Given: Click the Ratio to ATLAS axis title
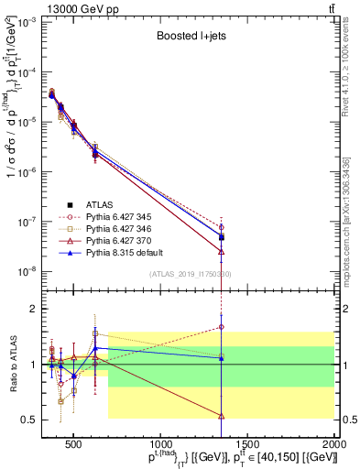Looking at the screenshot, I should tap(12, 365).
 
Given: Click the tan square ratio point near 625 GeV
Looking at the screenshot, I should tap(95, 333).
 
